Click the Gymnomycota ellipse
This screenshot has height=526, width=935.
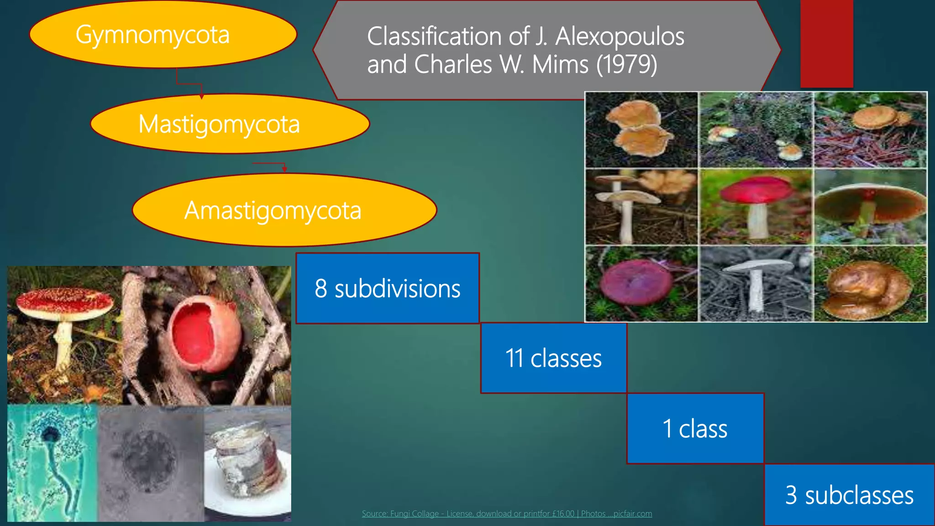pyautogui.click(x=163, y=34)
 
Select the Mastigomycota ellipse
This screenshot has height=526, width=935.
pyautogui.click(x=230, y=124)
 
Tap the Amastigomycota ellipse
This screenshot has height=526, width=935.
pyautogui.click(x=284, y=210)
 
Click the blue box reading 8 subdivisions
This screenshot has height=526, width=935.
pyautogui.click(x=387, y=289)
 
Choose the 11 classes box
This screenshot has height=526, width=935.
pyautogui.click(x=553, y=358)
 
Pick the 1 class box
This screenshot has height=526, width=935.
pyautogui.click(x=695, y=429)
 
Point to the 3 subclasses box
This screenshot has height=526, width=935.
pyautogui.click(x=849, y=495)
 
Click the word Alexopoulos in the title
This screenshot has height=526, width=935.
pyautogui.click(x=620, y=37)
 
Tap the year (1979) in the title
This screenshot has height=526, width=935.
pyautogui.click(x=626, y=64)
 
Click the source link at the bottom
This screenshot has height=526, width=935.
pyautogui.click(x=507, y=514)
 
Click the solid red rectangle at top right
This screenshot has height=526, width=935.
pyautogui.click(x=826, y=43)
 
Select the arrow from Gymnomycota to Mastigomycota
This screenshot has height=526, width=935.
pyautogui.click(x=190, y=84)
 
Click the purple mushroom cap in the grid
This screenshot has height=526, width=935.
pyautogui.click(x=636, y=282)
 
